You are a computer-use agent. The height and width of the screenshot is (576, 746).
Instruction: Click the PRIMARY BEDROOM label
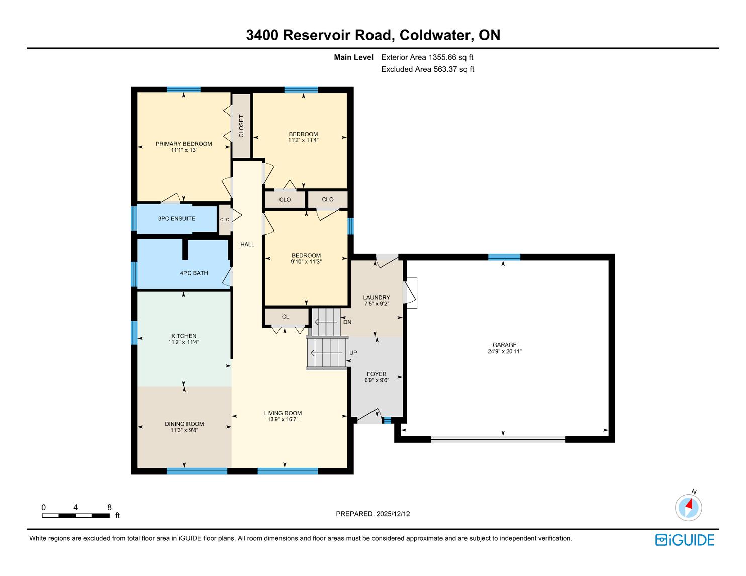pyautogui.click(x=183, y=144)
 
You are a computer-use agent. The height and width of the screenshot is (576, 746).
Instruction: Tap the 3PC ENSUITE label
pyautogui.click(x=176, y=219)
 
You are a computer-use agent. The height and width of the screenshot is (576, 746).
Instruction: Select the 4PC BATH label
pyautogui.click(x=194, y=273)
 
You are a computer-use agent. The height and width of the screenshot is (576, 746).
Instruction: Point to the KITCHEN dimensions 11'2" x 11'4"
pyautogui.click(x=183, y=342)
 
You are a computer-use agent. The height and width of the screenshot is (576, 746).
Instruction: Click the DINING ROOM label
pyautogui.click(x=184, y=424)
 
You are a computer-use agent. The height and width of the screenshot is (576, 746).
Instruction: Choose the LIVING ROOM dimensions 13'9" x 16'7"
pyautogui.click(x=283, y=419)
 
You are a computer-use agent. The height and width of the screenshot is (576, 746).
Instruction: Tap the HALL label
pyautogui.click(x=247, y=244)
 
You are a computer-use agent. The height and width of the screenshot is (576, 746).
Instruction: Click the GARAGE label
pyautogui.click(x=504, y=345)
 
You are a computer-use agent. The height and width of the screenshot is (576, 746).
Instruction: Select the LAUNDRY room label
pyautogui.click(x=377, y=297)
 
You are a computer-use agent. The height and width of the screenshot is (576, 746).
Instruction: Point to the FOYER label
pyautogui.click(x=377, y=374)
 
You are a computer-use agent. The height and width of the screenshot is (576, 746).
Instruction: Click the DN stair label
pyautogui.click(x=347, y=322)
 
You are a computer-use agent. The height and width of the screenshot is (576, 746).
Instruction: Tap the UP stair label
pyautogui.click(x=353, y=353)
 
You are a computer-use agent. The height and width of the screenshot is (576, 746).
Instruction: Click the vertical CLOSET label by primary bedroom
pyautogui.click(x=241, y=126)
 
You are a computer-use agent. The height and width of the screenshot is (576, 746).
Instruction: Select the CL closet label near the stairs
pyautogui.click(x=286, y=317)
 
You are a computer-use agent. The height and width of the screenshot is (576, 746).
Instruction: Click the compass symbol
pyautogui.click(x=688, y=507)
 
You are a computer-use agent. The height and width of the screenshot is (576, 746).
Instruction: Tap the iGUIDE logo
pyautogui.click(x=684, y=540)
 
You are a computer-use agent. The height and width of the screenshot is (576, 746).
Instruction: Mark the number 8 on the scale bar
pyautogui.click(x=109, y=507)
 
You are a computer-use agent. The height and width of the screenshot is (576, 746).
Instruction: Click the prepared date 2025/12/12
pyautogui.click(x=392, y=514)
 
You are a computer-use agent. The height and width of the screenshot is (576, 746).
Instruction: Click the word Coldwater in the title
pyautogui.click(x=436, y=35)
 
